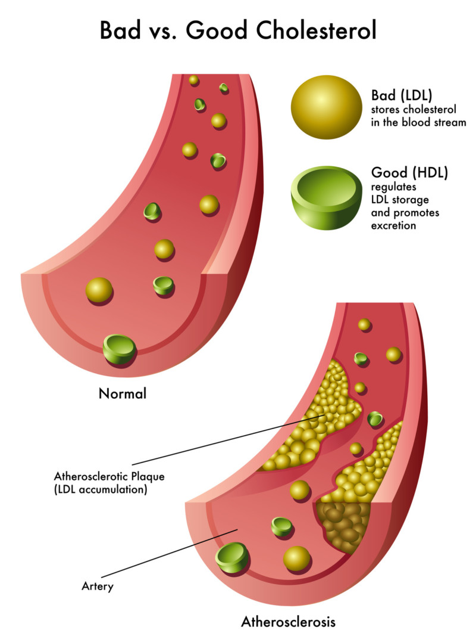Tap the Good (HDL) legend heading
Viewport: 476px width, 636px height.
click(x=409, y=172)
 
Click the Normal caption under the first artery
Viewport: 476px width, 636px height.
click(x=122, y=393)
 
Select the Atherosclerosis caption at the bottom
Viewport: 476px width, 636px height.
click(x=288, y=622)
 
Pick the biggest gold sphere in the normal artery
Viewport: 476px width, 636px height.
click(x=99, y=290)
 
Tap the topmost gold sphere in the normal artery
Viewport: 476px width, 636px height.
click(x=193, y=79)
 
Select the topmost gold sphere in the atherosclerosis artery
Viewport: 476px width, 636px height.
click(x=364, y=324)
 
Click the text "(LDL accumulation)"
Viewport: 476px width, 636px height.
click(x=100, y=490)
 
